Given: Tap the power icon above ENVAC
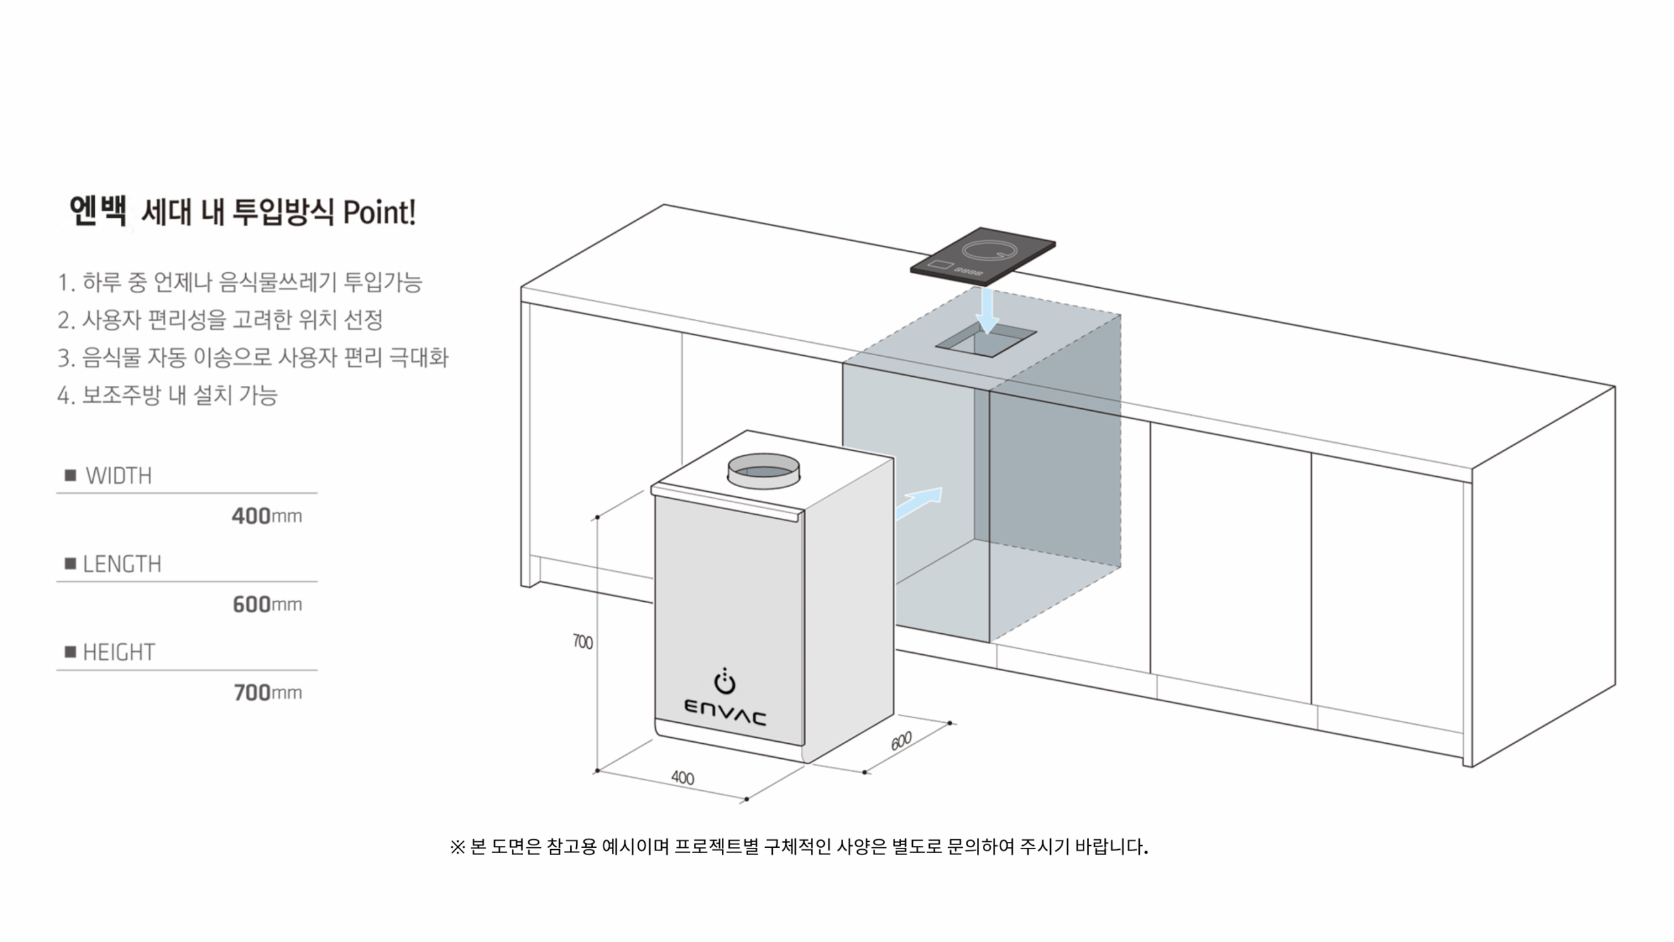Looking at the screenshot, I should [725, 682].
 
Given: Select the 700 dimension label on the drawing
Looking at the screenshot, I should [583, 642].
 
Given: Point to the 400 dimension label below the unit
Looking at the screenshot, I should [683, 778].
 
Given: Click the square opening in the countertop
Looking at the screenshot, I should [985, 341].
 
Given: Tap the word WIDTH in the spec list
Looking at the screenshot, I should [118, 476].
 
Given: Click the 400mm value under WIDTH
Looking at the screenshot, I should [267, 516].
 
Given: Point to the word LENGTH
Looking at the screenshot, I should [122, 564].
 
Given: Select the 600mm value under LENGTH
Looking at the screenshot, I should [267, 604].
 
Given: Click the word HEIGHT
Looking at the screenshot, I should [119, 652].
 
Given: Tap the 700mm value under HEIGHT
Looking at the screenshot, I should [267, 693].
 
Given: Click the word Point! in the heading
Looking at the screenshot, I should [379, 213].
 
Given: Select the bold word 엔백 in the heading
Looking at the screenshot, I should [97, 211].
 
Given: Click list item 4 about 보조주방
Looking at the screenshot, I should [167, 395].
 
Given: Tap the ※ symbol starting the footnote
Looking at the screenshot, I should [457, 847].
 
